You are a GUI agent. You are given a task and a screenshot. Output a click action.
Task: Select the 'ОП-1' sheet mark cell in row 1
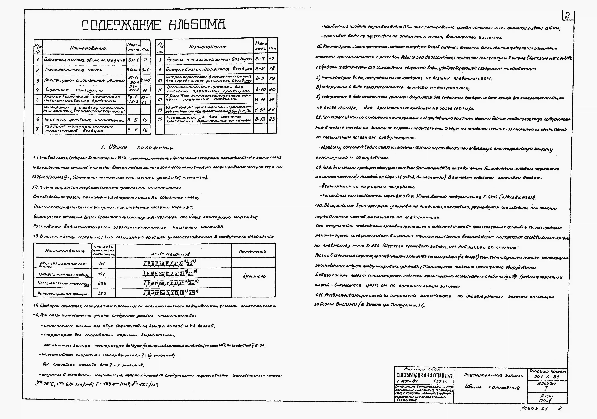point(133,60)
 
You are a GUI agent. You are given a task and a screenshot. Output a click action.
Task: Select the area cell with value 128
point(102,263)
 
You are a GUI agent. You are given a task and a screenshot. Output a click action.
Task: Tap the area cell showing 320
point(102,293)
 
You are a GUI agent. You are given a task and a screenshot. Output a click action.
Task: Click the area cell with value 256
point(102,283)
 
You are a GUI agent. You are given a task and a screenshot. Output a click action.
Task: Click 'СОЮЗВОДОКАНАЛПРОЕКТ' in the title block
point(425,376)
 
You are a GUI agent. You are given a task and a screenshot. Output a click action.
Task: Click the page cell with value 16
point(145,130)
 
